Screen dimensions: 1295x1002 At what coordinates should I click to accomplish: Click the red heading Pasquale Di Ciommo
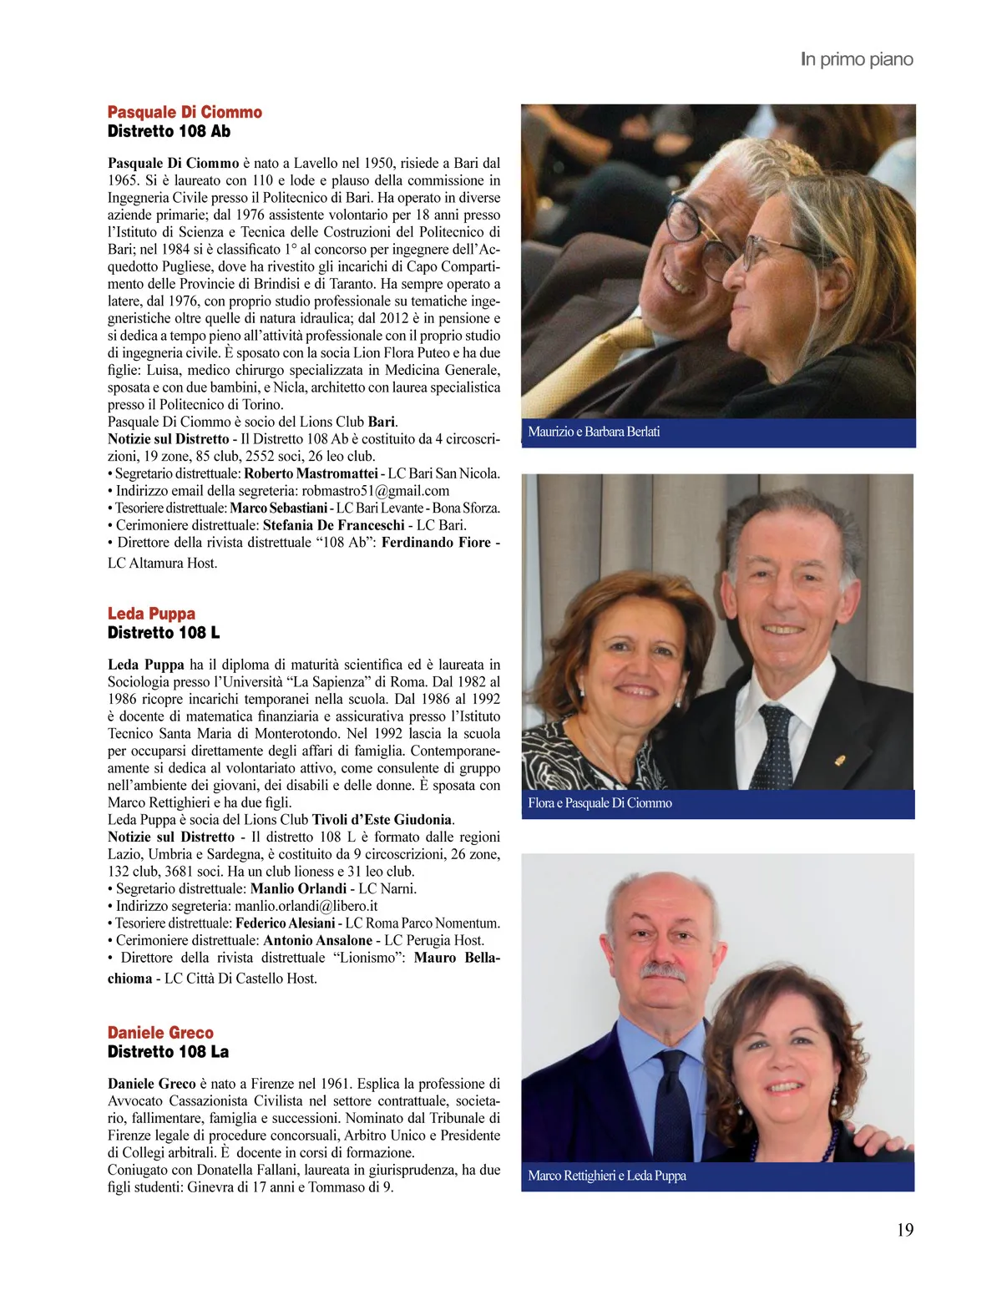coord(185,112)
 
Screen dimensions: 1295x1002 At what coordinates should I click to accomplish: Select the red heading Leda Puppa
coord(151,614)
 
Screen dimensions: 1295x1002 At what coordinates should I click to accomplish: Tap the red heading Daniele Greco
coord(160,1033)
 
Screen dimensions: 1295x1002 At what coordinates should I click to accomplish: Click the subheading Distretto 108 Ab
coord(169,131)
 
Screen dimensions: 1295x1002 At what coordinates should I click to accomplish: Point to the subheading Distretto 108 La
coord(168,1052)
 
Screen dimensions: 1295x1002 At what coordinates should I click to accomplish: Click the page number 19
coord(905,1230)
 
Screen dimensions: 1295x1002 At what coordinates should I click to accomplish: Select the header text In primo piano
coord(857,59)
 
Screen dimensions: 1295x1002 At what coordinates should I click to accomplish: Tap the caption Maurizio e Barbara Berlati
coord(594,432)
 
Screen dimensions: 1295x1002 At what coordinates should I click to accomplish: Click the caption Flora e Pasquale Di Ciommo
coord(600,803)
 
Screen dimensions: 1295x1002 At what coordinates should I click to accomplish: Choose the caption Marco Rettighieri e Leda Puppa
coord(607,1176)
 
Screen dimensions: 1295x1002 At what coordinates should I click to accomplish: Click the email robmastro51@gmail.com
coord(375,491)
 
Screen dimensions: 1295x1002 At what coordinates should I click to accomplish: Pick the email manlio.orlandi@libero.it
coord(306,906)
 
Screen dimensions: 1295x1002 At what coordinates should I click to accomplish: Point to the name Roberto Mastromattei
coord(311,473)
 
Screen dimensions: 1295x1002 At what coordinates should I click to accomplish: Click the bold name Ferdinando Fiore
coord(436,543)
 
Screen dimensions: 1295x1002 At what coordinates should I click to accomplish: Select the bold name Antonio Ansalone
coord(317,940)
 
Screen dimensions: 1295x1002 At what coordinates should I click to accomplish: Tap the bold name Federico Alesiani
coord(285,923)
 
